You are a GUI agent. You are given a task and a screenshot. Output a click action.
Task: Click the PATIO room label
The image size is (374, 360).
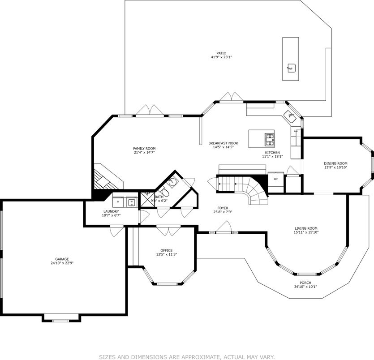coord(221,52)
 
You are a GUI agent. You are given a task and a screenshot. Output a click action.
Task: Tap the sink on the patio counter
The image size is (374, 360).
coord(291,68)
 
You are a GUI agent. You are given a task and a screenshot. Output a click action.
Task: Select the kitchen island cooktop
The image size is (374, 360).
coord(270,139)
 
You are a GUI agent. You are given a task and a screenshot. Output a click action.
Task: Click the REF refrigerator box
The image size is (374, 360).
coord(276,179)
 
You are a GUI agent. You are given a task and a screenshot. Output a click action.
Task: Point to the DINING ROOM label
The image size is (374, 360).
coord(335,163)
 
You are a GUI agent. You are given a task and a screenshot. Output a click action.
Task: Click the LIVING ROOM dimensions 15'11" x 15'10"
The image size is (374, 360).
coord(306,232)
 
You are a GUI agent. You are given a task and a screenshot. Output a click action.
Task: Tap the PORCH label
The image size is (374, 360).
coord(305,283)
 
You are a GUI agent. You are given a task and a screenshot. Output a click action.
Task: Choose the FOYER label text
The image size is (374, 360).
coord(223,208)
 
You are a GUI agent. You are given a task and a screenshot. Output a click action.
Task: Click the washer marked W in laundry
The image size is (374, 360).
coord(132,202)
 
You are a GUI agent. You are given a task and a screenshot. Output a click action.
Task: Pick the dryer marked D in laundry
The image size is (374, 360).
coord(118,202)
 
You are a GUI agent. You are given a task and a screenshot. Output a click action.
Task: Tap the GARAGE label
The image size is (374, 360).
coord(62,259)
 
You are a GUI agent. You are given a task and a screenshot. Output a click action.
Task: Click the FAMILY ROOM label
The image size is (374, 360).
coord(144,148)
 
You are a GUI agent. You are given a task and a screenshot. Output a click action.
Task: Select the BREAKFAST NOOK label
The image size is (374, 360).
coord(223,143)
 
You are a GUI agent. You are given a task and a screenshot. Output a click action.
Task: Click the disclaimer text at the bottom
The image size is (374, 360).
coord(187,357)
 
